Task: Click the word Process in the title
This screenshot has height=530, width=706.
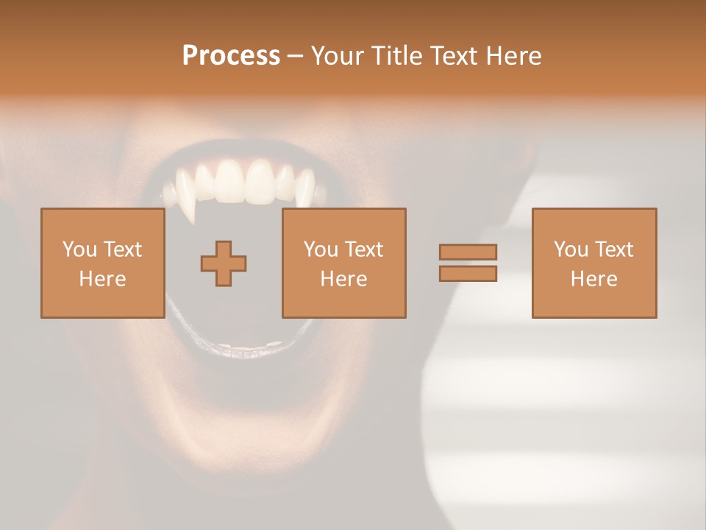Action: coord(231,56)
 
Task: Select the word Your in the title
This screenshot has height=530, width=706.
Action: coord(338,56)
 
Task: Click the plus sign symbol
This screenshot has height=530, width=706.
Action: coord(224,263)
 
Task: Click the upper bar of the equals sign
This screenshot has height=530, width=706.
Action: coord(468,252)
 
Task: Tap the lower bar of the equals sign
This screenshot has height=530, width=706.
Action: coord(468,274)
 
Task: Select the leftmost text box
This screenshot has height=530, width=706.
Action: coord(102,263)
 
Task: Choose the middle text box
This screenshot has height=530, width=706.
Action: coord(343,263)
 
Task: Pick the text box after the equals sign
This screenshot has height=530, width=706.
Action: coord(593,263)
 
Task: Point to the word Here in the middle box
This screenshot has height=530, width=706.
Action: coord(343,279)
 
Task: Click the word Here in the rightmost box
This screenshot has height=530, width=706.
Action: coord(593,279)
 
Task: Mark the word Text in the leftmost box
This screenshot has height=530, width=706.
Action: coord(123,250)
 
